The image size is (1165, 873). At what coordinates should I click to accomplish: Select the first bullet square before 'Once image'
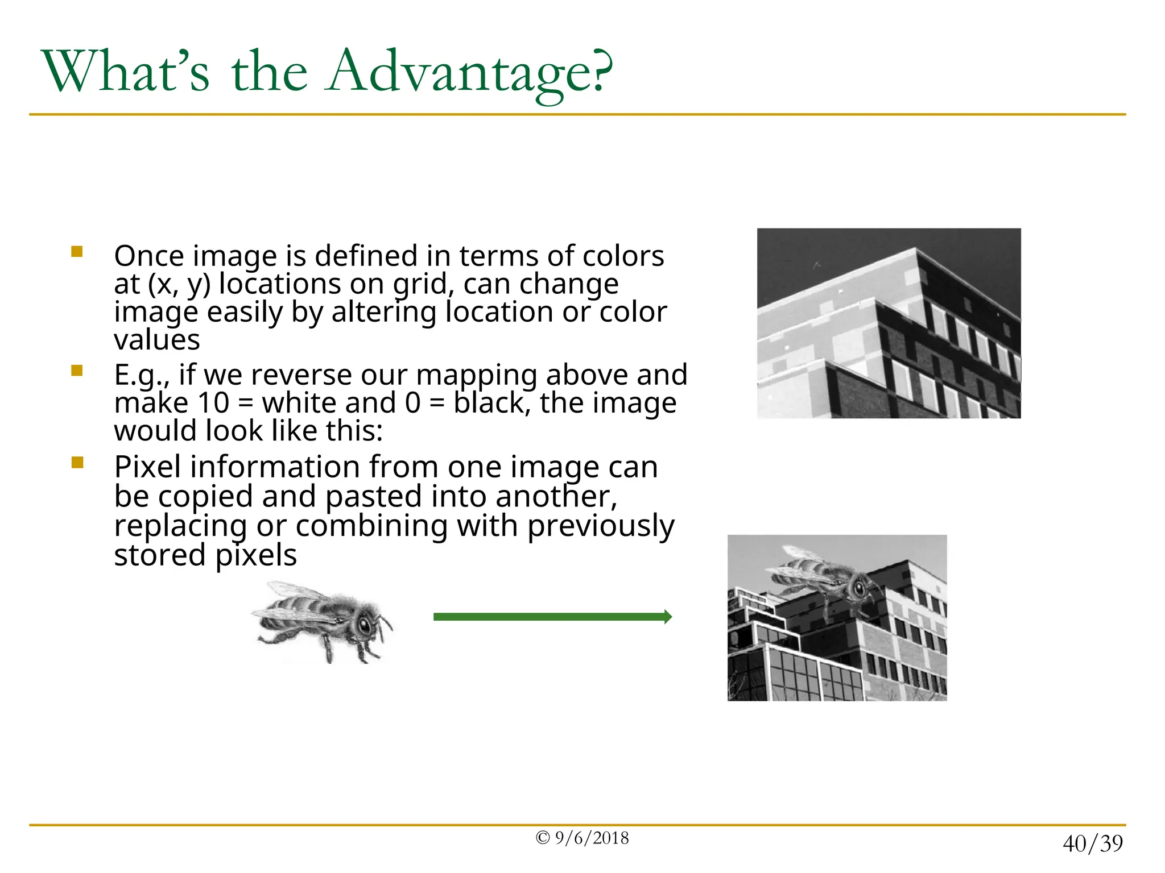click(77, 251)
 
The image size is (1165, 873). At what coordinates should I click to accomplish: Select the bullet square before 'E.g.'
click(77, 371)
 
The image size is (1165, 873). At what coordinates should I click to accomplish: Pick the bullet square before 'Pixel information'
click(77, 462)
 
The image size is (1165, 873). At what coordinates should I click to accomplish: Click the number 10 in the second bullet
click(213, 403)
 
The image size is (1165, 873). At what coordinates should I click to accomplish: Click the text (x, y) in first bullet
click(179, 284)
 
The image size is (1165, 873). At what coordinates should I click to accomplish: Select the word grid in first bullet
click(423, 284)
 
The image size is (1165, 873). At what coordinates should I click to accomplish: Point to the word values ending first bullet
click(156, 340)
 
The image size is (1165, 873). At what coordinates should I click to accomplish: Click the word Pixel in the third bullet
click(147, 467)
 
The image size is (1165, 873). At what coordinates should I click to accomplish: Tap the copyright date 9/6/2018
click(592, 838)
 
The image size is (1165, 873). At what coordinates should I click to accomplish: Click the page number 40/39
click(1092, 843)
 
